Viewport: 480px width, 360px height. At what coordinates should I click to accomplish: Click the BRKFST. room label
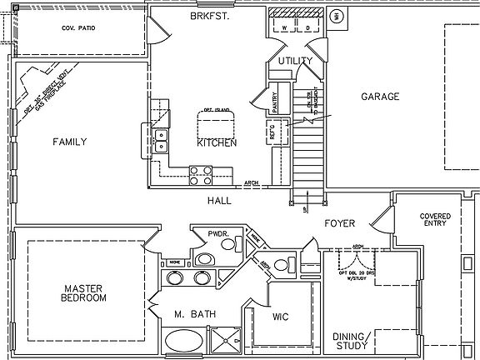[209, 16]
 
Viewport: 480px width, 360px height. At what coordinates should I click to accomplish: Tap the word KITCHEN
[217, 142]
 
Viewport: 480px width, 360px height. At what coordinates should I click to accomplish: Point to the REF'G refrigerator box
[272, 132]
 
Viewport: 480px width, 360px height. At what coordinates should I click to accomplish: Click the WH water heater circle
[337, 15]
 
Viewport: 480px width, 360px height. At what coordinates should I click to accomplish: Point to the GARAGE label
[379, 97]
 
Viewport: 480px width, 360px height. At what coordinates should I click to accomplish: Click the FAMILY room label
[70, 142]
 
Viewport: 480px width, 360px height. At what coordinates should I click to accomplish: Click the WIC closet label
[281, 317]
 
